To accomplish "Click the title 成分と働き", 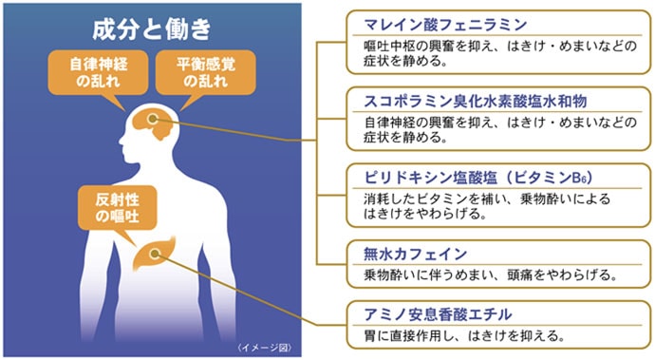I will coord(151,28).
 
